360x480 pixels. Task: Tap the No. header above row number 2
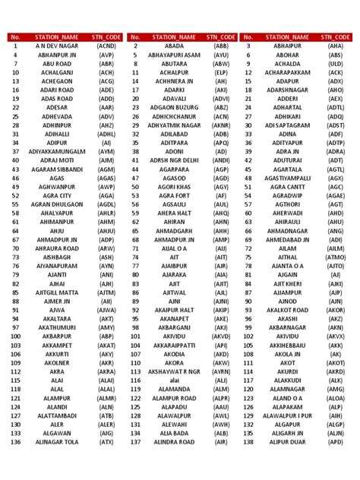tap(135, 36)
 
